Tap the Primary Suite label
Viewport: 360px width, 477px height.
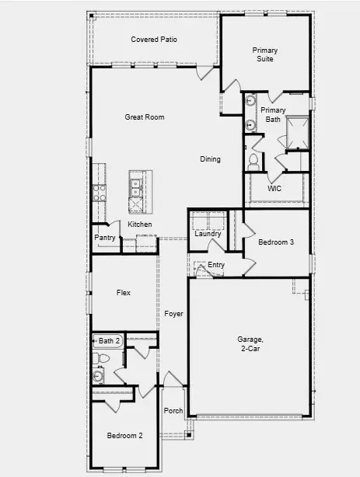click(264, 54)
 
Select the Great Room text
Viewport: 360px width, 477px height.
click(145, 117)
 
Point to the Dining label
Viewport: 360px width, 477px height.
click(210, 159)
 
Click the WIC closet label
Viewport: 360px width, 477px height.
click(274, 188)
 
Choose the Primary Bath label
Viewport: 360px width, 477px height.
click(274, 115)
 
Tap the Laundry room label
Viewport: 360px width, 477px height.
click(208, 233)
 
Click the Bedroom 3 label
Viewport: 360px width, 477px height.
click(276, 242)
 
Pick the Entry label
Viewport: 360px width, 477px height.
click(216, 266)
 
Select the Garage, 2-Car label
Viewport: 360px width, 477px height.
click(250, 344)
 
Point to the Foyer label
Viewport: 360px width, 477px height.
click(173, 314)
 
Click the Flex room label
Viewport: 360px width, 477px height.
click(123, 293)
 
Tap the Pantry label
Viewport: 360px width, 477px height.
click(105, 237)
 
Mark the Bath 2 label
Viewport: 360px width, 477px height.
click(109, 340)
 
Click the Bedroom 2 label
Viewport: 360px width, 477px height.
click(124, 436)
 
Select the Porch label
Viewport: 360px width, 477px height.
click(173, 411)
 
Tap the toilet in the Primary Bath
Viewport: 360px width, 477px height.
click(253, 161)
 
